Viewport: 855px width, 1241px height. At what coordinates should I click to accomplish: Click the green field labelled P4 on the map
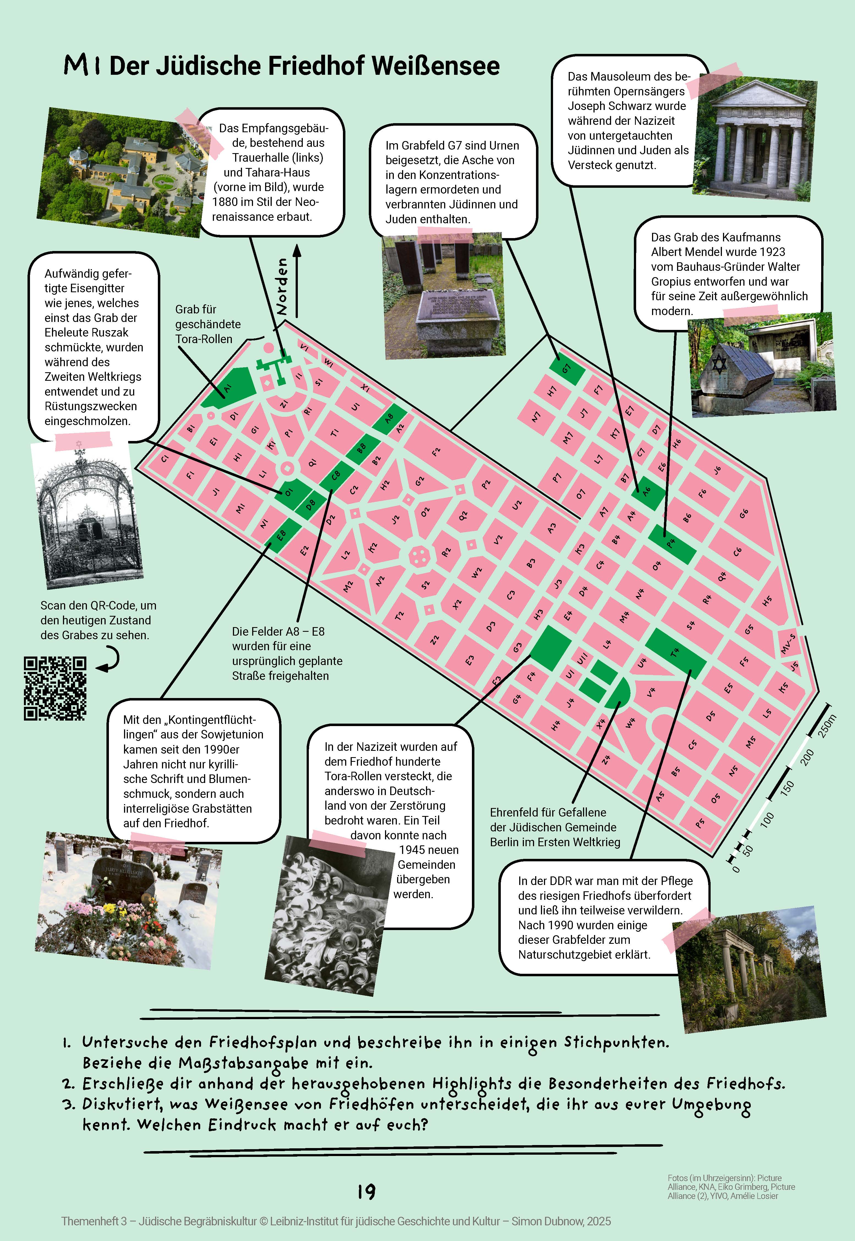(x=672, y=544)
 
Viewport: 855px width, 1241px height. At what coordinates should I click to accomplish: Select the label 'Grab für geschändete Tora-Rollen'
(x=208, y=324)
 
